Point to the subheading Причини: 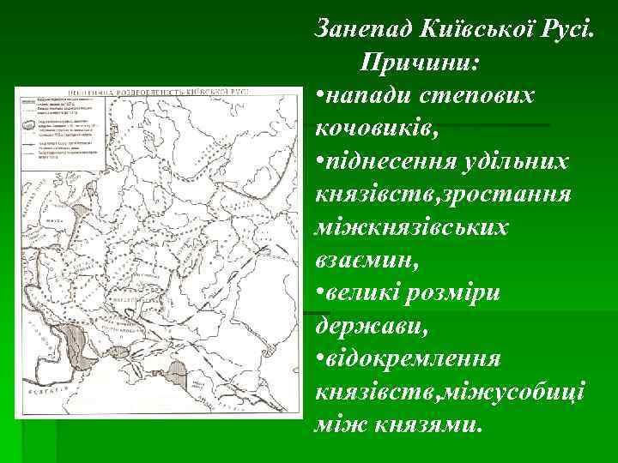pyautogui.click(x=421, y=62)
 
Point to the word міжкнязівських pyautogui.click(x=412, y=229)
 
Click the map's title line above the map pyautogui.click(x=160, y=90)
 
